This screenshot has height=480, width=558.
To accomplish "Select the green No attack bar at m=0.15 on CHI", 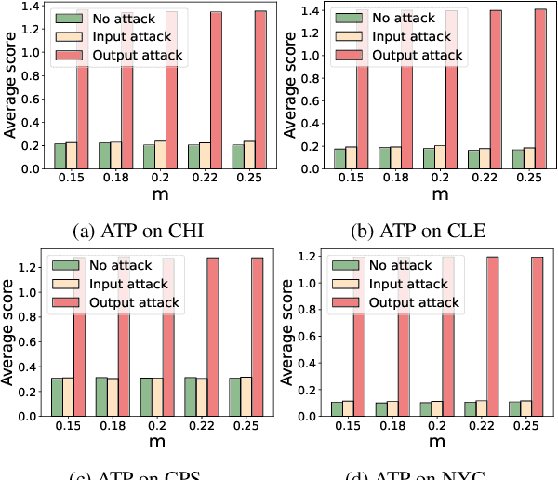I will click(x=60, y=156).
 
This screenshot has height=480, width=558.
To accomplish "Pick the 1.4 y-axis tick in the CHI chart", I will click(x=30, y=7).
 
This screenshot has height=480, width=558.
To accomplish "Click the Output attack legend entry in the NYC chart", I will click(x=408, y=301).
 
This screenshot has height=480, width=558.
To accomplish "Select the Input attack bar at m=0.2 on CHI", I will click(x=160, y=155).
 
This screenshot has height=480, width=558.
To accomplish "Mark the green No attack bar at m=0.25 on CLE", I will click(x=518, y=159).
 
